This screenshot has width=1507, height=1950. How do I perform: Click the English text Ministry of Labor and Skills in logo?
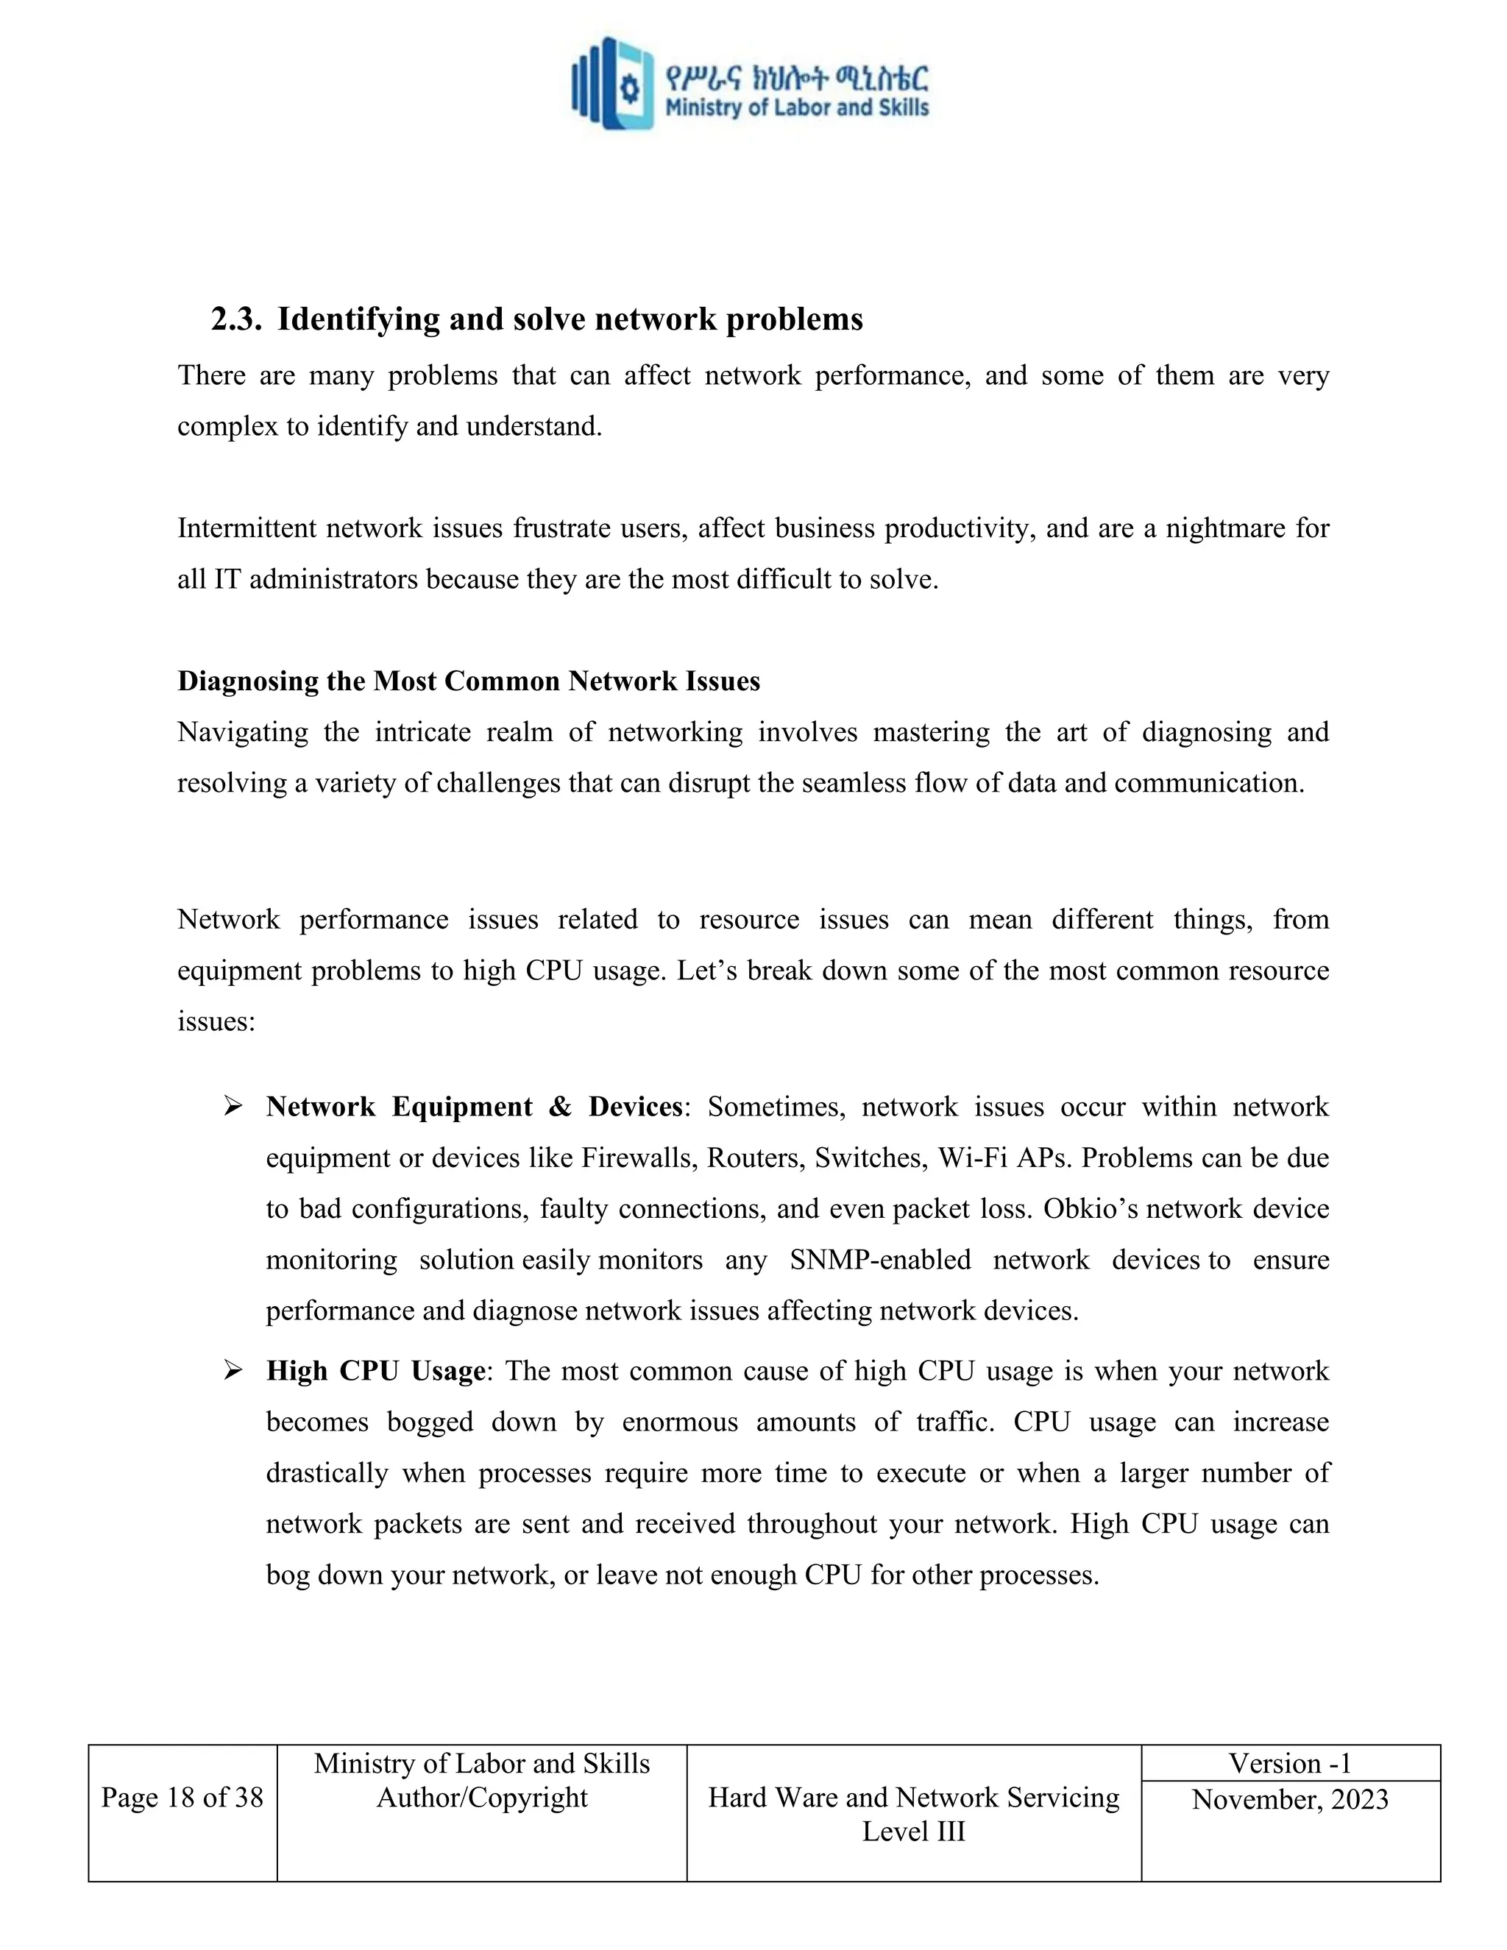point(796,108)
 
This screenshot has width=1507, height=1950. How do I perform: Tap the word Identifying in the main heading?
point(358,319)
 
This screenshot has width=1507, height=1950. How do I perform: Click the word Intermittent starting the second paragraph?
point(247,528)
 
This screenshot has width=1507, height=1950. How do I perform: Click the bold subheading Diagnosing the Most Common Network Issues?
point(469,681)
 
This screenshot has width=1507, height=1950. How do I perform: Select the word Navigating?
point(242,732)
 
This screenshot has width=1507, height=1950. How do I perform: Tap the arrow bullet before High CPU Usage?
point(233,1372)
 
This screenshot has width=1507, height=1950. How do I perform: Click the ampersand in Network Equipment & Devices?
point(560,1107)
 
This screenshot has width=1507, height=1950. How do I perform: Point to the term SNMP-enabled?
point(879,1260)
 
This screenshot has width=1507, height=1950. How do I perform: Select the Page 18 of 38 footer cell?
point(182,1798)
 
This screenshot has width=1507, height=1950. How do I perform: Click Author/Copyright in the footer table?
point(482,1798)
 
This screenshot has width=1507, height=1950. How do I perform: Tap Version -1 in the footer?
point(1289,1763)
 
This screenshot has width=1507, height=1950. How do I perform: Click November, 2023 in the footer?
point(1289,1799)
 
